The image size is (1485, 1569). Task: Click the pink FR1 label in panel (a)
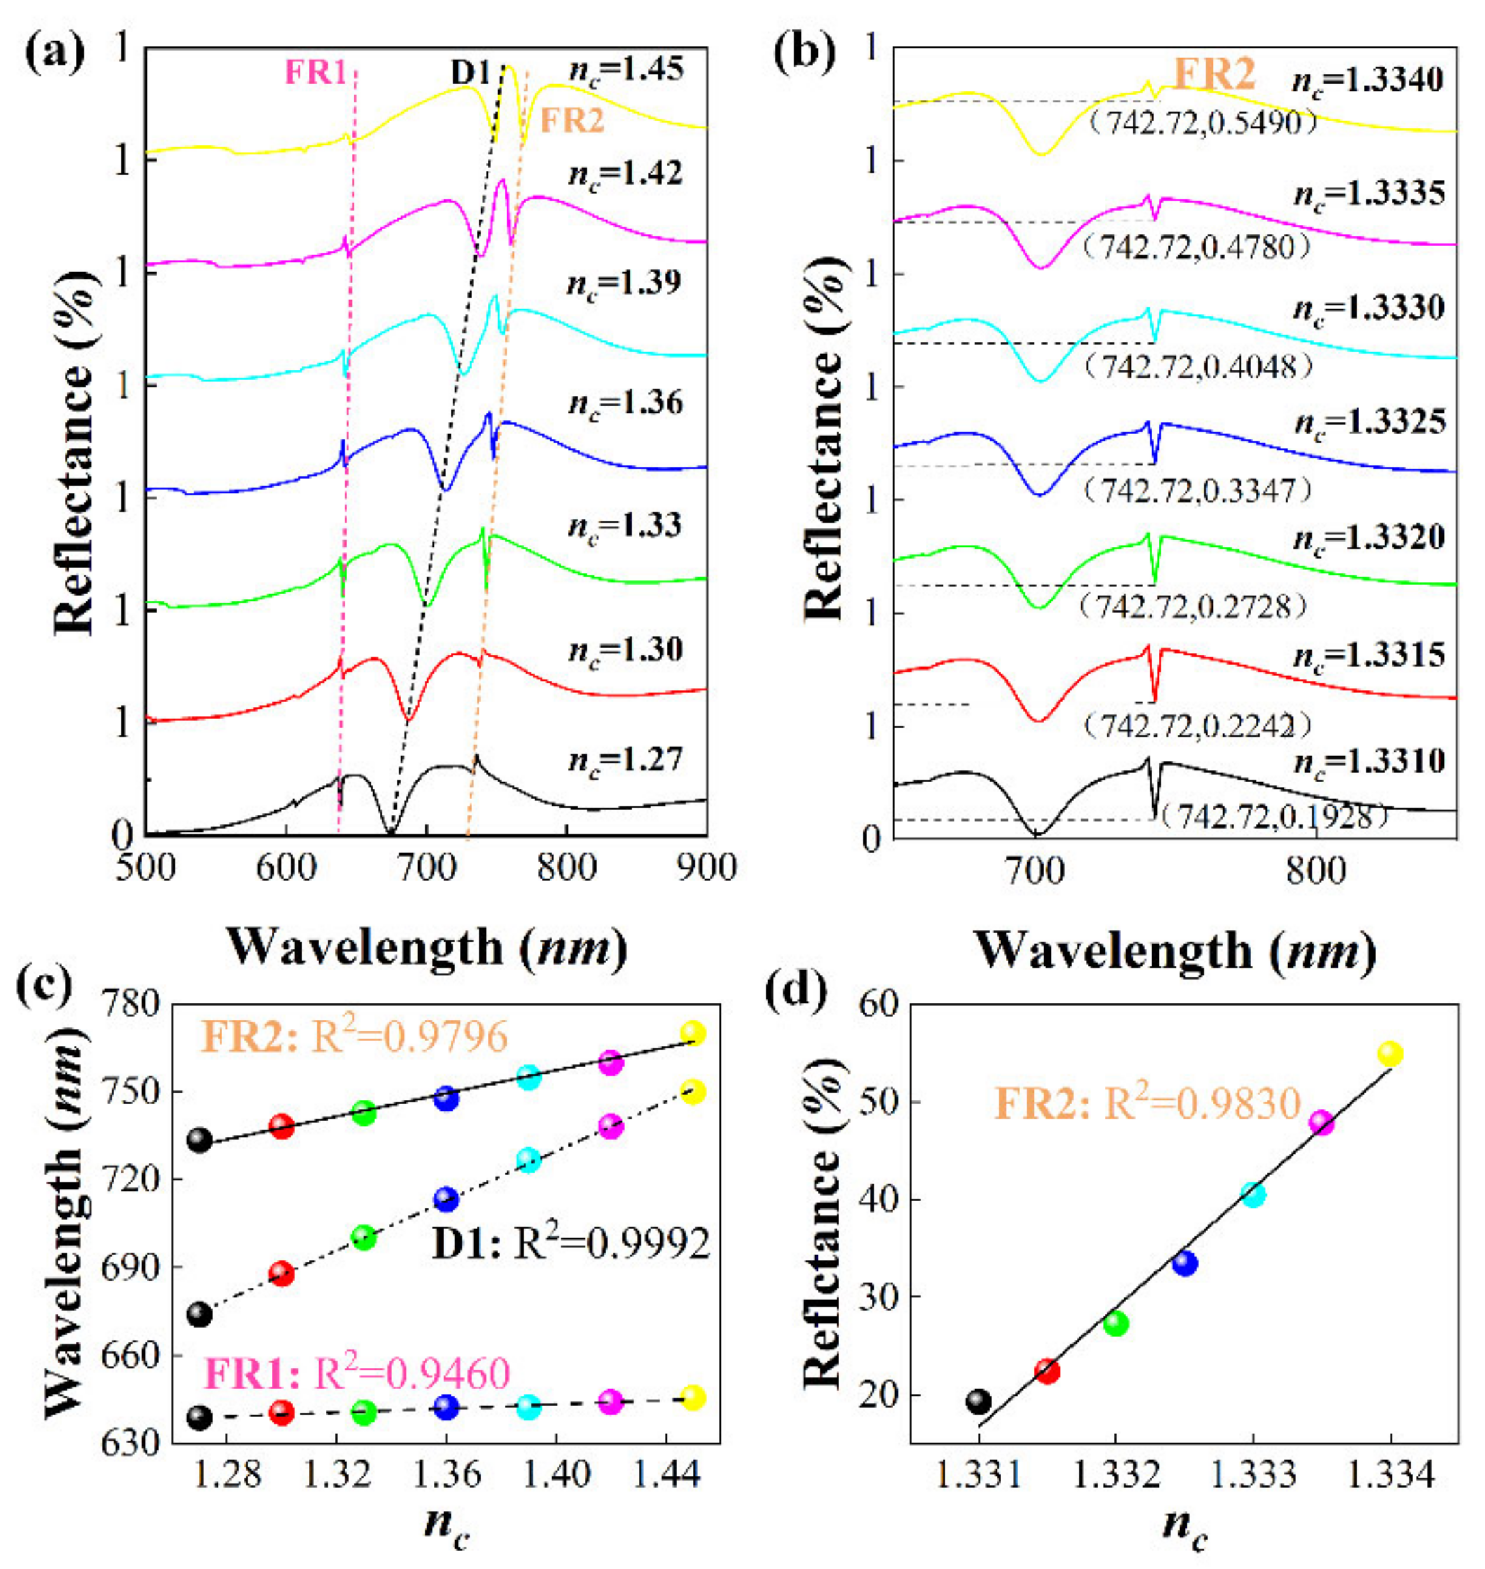[x=315, y=74]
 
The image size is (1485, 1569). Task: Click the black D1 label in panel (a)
[x=472, y=74]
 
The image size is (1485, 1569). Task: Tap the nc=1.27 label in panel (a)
[x=625, y=761]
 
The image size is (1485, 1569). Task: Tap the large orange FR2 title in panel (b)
[x=1214, y=75]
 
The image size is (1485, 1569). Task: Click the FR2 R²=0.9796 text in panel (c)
[x=354, y=1037]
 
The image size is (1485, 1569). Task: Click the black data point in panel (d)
[x=978, y=1401]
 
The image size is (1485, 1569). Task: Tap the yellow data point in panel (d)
[x=1390, y=1054]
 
